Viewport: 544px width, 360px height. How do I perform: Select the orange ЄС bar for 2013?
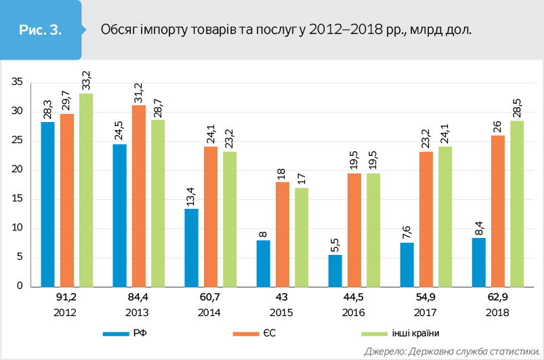point(139,196)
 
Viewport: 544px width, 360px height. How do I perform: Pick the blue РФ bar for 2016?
point(335,271)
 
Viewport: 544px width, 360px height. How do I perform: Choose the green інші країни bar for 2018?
point(517,203)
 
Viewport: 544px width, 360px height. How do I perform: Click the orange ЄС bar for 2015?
point(283,234)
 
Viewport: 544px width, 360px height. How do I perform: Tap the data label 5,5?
point(335,243)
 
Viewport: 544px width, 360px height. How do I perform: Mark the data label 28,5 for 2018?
point(517,108)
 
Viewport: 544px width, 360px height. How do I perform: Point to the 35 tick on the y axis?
point(18,83)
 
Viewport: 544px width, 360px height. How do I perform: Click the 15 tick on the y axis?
point(18,199)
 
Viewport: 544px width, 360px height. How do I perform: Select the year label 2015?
point(283,313)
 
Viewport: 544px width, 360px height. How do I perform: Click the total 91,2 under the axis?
point(66,299)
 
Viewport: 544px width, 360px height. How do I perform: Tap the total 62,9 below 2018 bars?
point(498,299)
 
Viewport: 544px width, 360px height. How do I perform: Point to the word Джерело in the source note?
point(384,351)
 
